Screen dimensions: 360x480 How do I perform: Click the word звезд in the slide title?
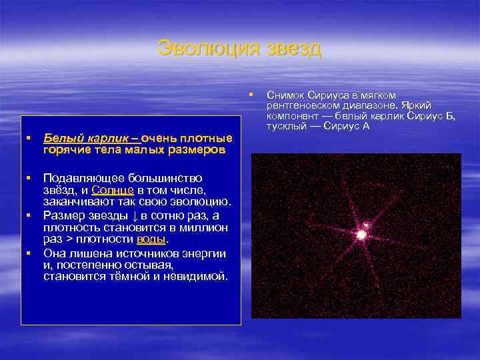click(294, 48)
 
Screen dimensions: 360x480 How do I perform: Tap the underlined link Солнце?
click(113, 190)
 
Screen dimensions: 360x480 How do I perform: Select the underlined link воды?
click(151, 239)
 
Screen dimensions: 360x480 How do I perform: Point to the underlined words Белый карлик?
click(88, 138)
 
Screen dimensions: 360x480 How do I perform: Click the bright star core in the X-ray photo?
click(361, 235)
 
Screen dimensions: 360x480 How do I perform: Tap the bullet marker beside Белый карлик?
click(29, 138)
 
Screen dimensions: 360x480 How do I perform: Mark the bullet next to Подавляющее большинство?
click(29, 178)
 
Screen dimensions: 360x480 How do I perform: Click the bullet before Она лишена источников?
click(29, 253)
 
